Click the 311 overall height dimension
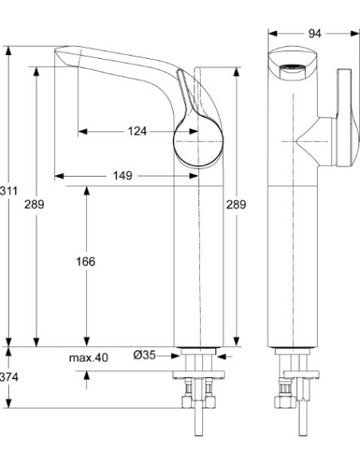(x=9, y=192)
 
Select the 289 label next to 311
(x=34, y=205)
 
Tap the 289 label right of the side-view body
(x=237, y=205)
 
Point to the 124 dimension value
(x=136, y=131)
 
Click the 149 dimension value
(x=122, y=175)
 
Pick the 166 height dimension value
(x=86, y=262)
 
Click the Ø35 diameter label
(x=144, y=358)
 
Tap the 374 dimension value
(x=8, y=377)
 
